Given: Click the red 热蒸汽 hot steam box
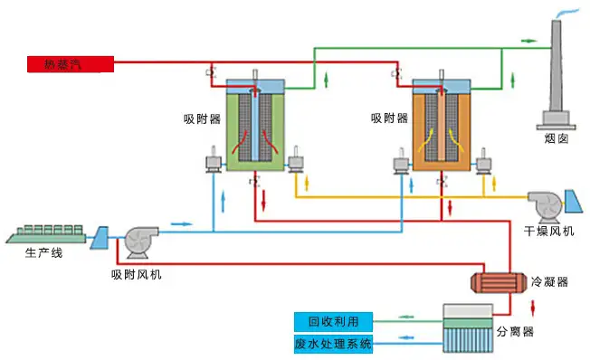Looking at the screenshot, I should (x=69, y=63).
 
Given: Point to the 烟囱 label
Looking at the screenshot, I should (x=556, y=138).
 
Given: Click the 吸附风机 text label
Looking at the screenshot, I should (x=137, y=273).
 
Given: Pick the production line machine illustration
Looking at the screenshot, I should (x=48, y=232).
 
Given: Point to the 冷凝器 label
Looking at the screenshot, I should (x=550, y=282).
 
